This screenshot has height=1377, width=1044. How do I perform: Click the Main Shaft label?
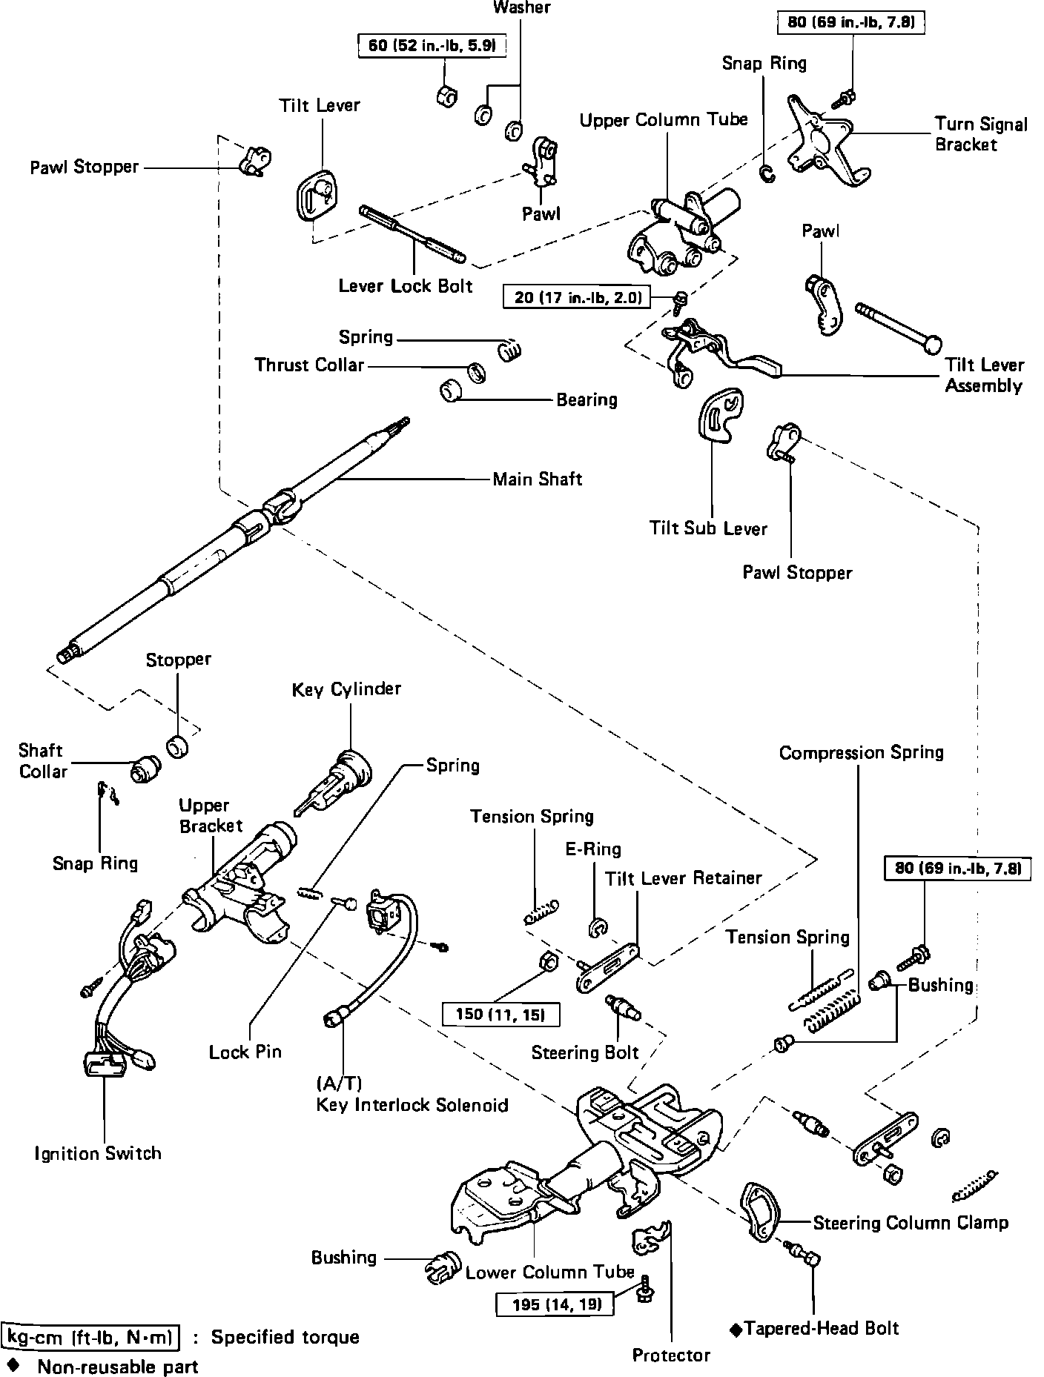click(538, 480)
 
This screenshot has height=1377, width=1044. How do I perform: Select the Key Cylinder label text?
click(346, 689)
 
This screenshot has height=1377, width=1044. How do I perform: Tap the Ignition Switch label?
click(98, 1153)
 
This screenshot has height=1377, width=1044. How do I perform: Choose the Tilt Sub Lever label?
click(708, 528)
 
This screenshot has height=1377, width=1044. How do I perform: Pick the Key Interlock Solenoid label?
click(412, 1105)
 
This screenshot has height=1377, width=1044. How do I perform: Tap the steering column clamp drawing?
click(759, 1211)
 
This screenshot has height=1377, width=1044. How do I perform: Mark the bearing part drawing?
click(451, 391)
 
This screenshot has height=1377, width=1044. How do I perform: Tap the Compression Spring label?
click(861, 753)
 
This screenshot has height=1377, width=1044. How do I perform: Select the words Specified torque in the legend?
click(285, 1337)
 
